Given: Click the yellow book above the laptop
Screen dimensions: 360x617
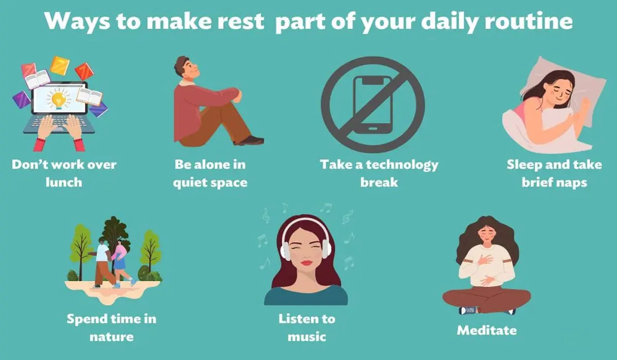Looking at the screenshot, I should tap(60, 65).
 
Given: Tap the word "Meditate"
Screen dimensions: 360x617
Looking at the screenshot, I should tap(486, 330).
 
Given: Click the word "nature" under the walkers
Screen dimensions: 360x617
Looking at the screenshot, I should tap(111, 337).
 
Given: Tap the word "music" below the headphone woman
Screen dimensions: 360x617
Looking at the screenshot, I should tap(306, 337).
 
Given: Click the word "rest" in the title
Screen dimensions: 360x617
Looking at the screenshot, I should tap(242, 22).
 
